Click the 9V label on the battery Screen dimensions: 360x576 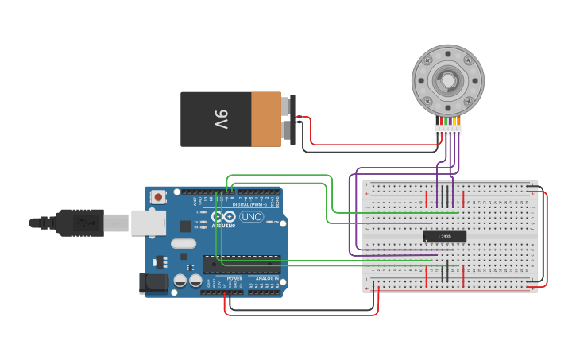coord(221,119)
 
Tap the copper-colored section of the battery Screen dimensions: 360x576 coord(266,119)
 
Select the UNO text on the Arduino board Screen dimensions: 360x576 coord(251,216)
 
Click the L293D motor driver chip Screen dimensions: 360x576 coord(444,236)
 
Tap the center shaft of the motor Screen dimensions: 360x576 coord(447,80)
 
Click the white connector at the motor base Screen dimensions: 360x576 coord(447,129)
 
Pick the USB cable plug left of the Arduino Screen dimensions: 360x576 coord(79,223)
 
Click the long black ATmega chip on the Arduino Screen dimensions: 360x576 coord(242,265)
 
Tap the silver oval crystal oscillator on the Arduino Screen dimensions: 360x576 coord(183,245)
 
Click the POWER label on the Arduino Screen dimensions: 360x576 coord(234,279)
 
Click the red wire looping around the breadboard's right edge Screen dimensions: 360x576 coord(547,238)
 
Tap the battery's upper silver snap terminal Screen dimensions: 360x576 coord(286,106)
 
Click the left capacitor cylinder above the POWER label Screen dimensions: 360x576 coord(180,281)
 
